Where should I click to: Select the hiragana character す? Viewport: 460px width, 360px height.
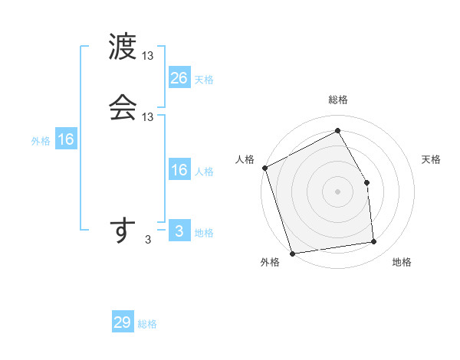pos(122,231)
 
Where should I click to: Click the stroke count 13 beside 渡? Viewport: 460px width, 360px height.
pos(149,57)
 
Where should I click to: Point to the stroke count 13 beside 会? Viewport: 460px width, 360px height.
pos(149,117)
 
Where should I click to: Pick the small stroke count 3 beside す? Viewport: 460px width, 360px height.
pos(148,241)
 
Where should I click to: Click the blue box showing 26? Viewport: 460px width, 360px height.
pos(179,78)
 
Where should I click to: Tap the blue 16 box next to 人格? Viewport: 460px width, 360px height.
pos(179,170)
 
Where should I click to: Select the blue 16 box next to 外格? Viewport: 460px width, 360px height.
pos(66,140)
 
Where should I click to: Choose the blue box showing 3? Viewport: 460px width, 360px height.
pos(179,231)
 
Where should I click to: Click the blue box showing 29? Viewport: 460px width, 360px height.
pos(123,323)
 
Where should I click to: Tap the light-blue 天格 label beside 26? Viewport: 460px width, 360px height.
pos(204,79)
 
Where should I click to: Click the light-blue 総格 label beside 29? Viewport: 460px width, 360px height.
pos(147,324)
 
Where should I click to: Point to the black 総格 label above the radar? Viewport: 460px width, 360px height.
pos(338,100)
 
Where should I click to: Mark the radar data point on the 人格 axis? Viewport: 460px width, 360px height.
pos(264,168)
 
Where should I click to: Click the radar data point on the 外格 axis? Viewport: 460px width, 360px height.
pos(292,253)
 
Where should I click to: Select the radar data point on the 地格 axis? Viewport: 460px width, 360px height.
pos(374,242)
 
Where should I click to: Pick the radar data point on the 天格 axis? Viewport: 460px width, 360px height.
pos(367,182)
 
